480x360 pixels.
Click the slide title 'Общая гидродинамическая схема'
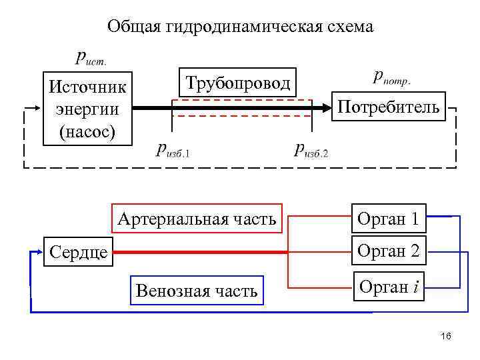pos(241,27)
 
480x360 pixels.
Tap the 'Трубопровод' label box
pos(237,83)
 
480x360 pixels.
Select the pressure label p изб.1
pos(173,149)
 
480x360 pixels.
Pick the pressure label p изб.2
pos(311,149)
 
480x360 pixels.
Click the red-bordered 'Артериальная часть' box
pos(197,219)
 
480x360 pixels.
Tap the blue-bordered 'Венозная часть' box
pos(196,291)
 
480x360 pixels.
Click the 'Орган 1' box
pos(388,218)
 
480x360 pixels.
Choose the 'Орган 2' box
pos(388,251)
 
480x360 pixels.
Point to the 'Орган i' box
pos(389,287)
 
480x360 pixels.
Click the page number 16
pos(446,337)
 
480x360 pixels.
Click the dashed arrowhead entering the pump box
pos(37,107)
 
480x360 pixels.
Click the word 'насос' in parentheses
pos(87,131)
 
